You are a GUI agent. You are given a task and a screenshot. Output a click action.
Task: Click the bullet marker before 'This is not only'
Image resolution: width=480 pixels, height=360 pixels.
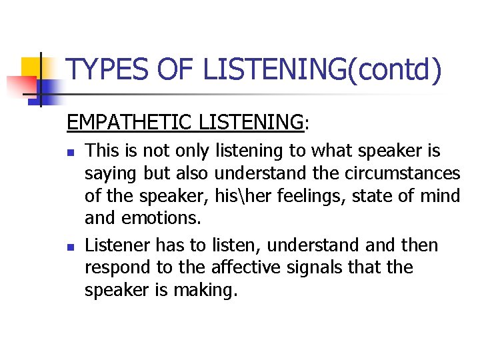pyautogui.click(x=71, y=151)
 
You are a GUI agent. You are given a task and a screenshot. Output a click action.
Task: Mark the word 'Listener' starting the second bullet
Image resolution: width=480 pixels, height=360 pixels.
pyautogui.click(x=117, y=245)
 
